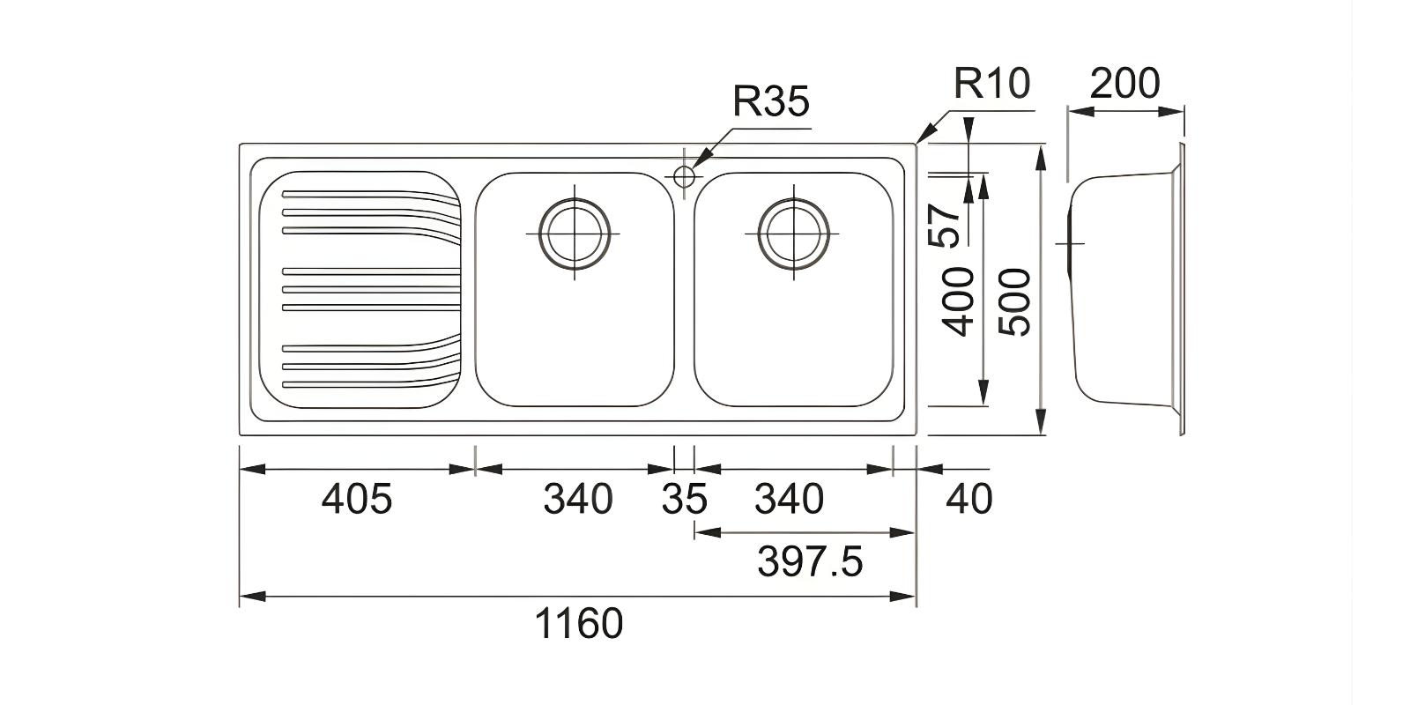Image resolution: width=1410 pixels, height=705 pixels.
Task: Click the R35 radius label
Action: tap(770, 101)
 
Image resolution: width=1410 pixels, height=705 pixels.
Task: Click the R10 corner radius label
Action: tap(991, 84)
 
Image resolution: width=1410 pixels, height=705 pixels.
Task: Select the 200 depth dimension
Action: tap(1124, 85)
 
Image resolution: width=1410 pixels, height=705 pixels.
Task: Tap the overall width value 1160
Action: tap(579, 624)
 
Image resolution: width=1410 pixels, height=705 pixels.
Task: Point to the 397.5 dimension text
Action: tap(810, 561)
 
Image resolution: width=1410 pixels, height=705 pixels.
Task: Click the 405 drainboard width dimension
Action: tap(356, 500)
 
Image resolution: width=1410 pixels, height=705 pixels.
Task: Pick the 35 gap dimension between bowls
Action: tap(684, 500)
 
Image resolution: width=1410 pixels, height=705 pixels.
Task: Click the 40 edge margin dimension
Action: tap(968, 500)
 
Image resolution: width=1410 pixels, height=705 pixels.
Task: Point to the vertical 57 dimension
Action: tap(944, 225)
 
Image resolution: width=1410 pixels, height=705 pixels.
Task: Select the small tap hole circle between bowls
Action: tap(684, 175)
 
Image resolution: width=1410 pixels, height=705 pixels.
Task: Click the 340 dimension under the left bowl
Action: tap(577, 500)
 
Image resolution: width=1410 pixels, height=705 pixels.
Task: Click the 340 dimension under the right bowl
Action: tap(789, 500)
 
